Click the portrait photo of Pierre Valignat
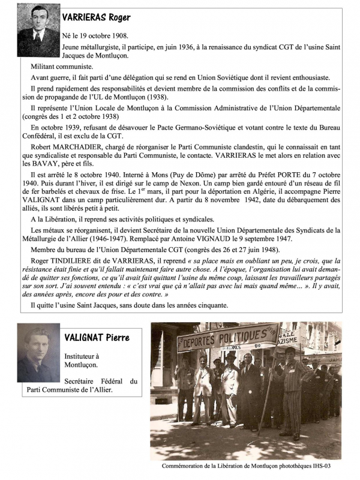coord(38,354)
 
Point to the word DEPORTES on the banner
coord(199,340)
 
